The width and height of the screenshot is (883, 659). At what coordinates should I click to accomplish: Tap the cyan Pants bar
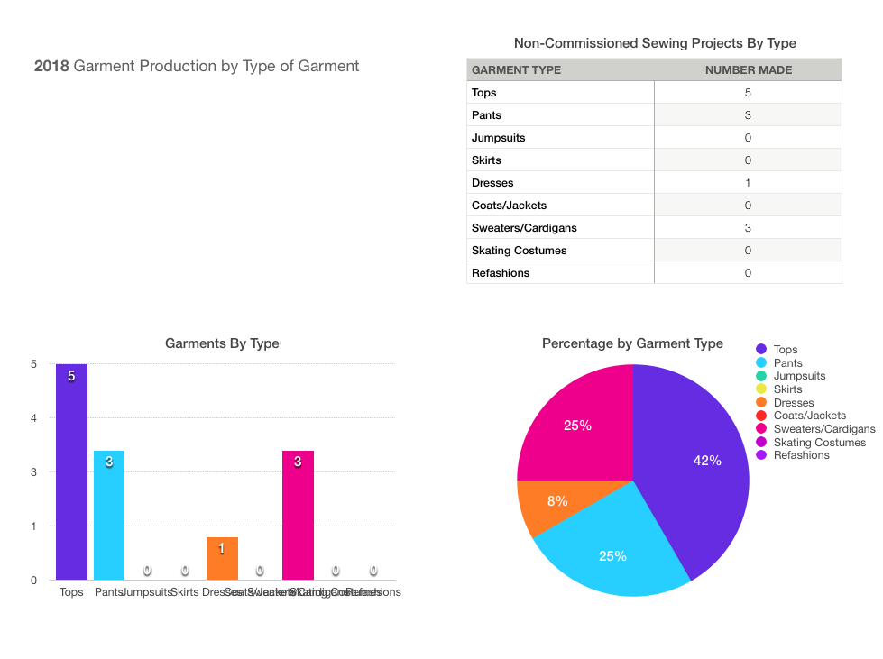[109, 515]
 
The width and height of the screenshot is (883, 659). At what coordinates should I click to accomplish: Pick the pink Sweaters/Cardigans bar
[298, 515]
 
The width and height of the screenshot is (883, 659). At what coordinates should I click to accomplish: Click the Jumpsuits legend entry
[799, 376]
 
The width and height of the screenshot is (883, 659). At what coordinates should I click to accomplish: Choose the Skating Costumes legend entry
[819, 442]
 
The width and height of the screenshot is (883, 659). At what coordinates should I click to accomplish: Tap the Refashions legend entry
[801, 455]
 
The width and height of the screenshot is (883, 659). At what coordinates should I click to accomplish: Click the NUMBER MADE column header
[748, 69]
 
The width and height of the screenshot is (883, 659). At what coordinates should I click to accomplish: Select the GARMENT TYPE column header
[516, 69]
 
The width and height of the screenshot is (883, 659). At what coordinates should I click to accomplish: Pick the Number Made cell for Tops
[748, 93]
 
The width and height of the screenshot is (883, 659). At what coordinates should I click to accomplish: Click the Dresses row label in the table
[492, 183]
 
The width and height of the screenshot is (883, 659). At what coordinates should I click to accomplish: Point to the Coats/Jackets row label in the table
[509, 206]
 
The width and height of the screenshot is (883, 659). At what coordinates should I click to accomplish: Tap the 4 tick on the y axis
[33, 418]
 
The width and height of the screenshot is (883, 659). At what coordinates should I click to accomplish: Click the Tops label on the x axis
[71, 592]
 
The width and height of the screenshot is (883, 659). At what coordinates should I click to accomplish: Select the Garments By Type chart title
[222, 343]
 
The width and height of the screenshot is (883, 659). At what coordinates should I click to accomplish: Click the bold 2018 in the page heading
[51, 66]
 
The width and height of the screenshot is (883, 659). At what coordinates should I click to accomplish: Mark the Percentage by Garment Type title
[632, 343]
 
